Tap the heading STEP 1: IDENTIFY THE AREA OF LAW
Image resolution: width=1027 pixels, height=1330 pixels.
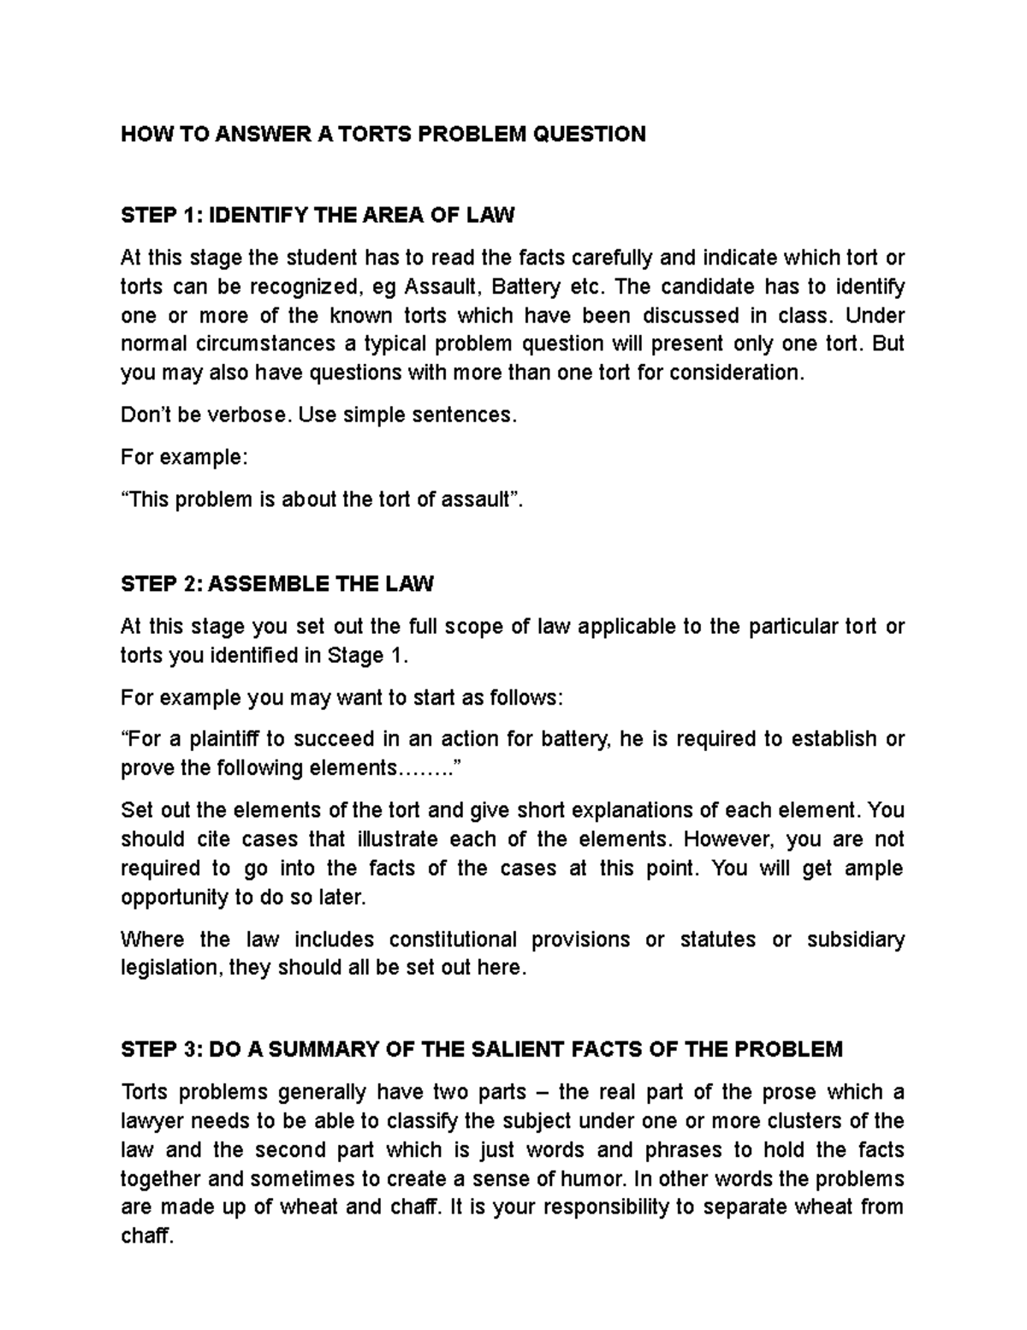click(318, 214)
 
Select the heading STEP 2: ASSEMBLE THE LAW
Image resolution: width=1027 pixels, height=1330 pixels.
click(277, 584)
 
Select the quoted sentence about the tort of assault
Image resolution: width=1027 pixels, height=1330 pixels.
click(321, 499)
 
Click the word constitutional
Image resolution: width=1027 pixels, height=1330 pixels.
click(453, 939)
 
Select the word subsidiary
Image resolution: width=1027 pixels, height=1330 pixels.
click(855, 939)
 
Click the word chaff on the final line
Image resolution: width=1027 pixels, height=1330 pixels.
click(145, 1238)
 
